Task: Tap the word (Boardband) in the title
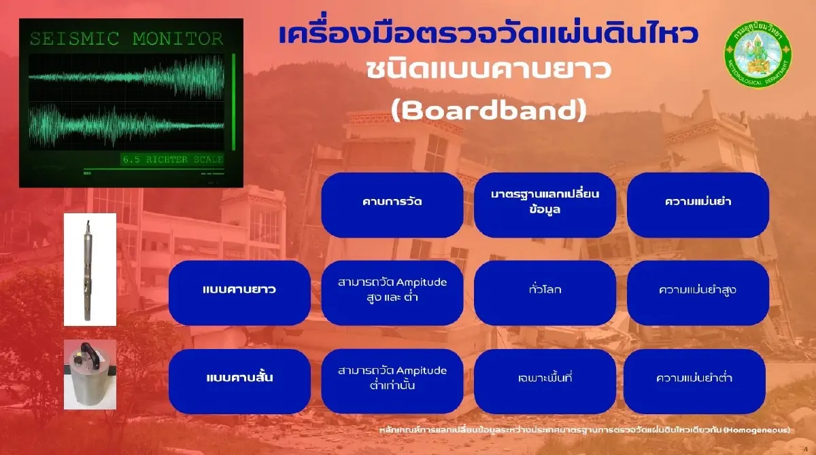click(488, 111)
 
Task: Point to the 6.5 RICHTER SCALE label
click(173, 160)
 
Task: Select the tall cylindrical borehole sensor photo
click(90, 270)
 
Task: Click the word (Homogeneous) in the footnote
click(757, 430)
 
